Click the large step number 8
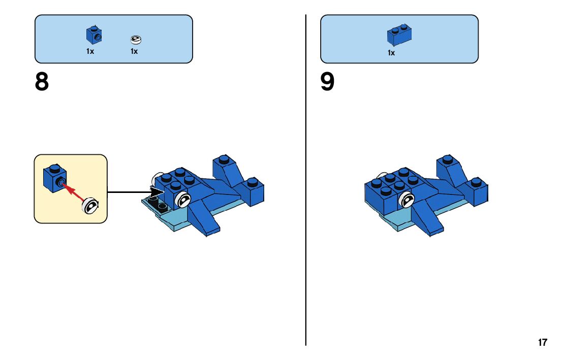42,82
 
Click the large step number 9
327,82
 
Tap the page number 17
543,343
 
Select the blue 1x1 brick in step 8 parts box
93,35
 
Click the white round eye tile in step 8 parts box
135,39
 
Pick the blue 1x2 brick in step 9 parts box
399,34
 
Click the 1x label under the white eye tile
134,51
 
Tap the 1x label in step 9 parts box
391,53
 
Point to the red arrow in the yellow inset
75,192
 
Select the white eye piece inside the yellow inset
91,205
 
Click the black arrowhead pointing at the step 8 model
158,192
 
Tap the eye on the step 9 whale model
407,201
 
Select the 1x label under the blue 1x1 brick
90,51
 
